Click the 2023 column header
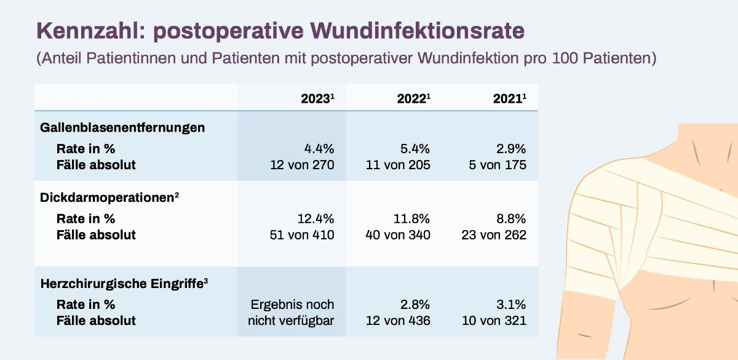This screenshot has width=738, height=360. [317, 98]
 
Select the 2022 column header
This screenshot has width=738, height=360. [413, 98]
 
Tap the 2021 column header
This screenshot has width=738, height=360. [509, 98]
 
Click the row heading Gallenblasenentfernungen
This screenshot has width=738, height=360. [122, 128]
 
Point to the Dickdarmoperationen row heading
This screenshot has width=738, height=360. [109, 198]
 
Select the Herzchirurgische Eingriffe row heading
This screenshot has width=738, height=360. [124, 284]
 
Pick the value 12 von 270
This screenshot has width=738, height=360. [302, 165]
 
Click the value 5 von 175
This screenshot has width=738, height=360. [498, 165]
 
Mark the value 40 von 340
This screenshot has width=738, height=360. [398, 234]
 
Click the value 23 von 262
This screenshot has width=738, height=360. [494, 234]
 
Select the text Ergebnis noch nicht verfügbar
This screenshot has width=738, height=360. [292, 313]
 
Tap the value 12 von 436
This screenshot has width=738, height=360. [398, 321]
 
